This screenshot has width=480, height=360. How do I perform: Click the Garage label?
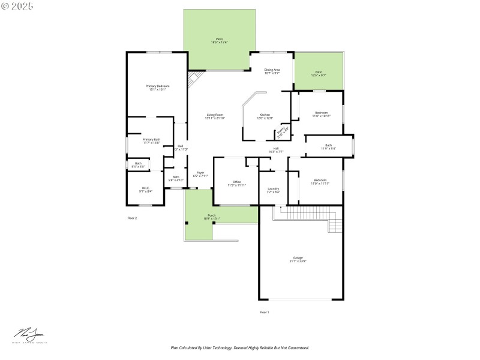[x=298, y=259]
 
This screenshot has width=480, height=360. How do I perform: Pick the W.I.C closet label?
[x=145, y=190]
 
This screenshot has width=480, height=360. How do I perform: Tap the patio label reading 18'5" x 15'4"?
[x=219, y=41]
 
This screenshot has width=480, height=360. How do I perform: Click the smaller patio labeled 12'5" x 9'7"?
[x=319, y=74]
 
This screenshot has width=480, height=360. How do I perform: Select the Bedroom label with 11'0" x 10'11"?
[x=322, y=114]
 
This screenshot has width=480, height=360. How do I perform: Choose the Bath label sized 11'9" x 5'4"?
[x=328, y=146]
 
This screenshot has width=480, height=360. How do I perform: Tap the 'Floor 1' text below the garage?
[x=264, y=313]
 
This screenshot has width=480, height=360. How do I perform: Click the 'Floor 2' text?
[x=132, y=218]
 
